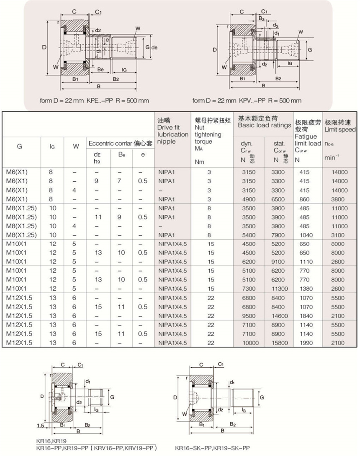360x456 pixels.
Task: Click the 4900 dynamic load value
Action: click(249, 199)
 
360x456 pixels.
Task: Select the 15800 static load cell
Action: click(280, 343)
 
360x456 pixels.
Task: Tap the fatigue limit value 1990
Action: click(305, 343)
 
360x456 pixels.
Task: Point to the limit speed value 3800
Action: click(339, 199)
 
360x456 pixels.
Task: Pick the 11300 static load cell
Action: click(280, 289)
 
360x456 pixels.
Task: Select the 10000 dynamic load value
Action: click(249, 343)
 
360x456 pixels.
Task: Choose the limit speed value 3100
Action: click(339, 235)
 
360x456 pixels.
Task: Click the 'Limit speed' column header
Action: click(340, 126)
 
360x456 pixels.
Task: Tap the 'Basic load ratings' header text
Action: click(265, 125)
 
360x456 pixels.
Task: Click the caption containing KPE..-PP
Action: click(94, 101)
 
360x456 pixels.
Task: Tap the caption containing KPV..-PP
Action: click(247, 101)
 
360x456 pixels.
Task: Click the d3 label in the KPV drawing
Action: click(277, 26)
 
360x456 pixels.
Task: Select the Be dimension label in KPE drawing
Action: click(100, 69)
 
